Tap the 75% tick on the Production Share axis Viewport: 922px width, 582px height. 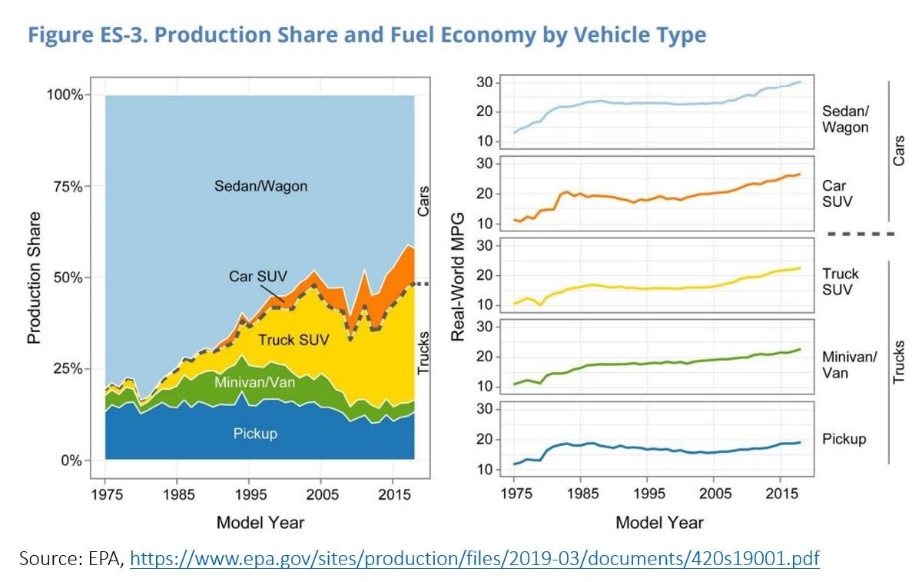pyautogui.click(x=66, y=186)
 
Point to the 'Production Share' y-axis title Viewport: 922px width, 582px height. pyautogui.click(x=34, y=278)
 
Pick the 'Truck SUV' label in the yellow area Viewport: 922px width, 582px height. pyautogui.click(x=293, y=339)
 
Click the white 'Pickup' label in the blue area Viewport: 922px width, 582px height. pyautogui.click(x=255, y=434)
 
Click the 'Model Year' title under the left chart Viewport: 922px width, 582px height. pyautogui.click(x=260, y=523)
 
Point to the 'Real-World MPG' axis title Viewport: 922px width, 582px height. pyautogui.click(x=459, y=278)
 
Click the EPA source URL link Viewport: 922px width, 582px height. pyautogui.click(x=475, y=558)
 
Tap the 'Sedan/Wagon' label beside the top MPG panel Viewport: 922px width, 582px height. pyautogui.click(x=845, y=119)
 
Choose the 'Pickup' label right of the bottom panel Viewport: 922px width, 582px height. pyautogui.click(x=844, y=439)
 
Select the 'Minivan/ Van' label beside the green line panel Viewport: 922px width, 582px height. pyautogui.click(x=849, y=365)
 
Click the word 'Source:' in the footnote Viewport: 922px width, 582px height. pyautogui.click(x=49, y=558)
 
